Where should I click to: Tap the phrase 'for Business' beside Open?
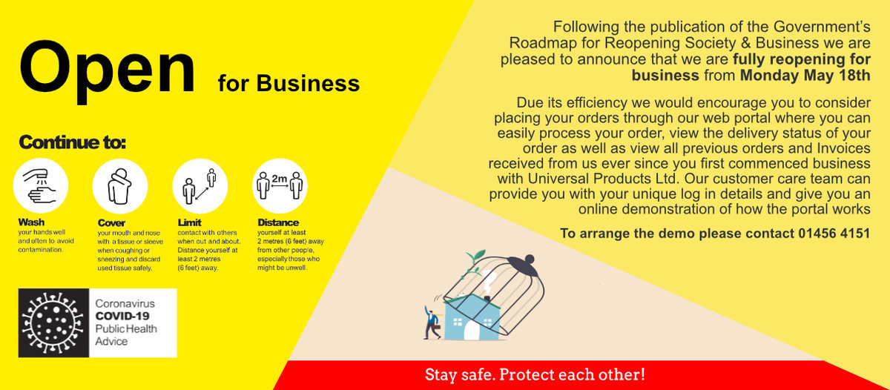point(289,83)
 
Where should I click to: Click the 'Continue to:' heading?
point(72,142)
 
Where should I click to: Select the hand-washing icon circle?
point(41,185)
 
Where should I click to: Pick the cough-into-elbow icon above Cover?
point(120,185)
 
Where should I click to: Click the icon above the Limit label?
point(200,185)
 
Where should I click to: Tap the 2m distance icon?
point(280,185)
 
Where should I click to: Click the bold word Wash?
point(31,222)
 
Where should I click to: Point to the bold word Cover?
point(111,222)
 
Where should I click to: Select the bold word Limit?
point(190,222)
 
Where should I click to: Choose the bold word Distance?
point(278,222)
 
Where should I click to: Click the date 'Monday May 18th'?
point(805,76)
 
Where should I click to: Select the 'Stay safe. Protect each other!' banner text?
point(535,375)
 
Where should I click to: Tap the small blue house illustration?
point(469,318)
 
